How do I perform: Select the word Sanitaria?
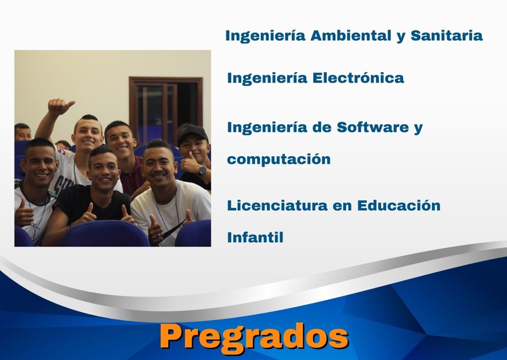446,35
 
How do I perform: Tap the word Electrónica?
358,78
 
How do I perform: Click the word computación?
278,159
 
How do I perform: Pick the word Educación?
399,205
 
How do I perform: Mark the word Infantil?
255,237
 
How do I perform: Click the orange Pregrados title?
253,337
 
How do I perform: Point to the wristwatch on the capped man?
202,170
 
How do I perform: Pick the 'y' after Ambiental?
400,37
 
